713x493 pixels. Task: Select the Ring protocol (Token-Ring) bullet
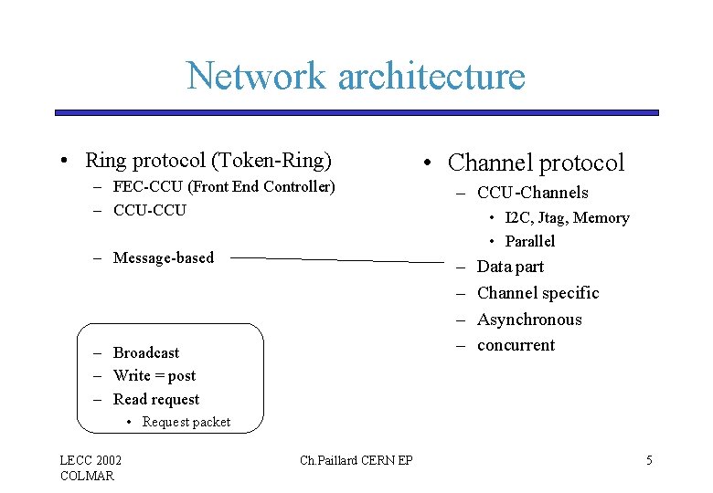click(x=208, y=161)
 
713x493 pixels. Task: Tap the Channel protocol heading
click(x=536, y=163)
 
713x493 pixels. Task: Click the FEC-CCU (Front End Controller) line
click(x=224, y=187)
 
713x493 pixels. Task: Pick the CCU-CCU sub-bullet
click(x=149, y=210)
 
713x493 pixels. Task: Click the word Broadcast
click(x=146, y=352)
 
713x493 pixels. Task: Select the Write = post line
click(x=154, y=375)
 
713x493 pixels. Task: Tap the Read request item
click(x=155, y=399)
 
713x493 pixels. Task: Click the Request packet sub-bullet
click(x=186, y=422)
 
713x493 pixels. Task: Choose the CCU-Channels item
click(x=532, y=193)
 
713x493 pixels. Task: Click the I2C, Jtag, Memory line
click(x=567, y=218)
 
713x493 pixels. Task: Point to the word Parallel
click(x=529, y=241)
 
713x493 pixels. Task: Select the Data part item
click(x=510, y=267)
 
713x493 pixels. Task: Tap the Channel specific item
click(x=537, y=293)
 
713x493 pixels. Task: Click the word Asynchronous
click(x=529, y=320)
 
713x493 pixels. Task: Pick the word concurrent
click(x=516, y=345)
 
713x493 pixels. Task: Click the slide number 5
click(x=649, y=460)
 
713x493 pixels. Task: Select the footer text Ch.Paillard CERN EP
click(x=356, y=460)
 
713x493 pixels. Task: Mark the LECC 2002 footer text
click(x=90, y=460)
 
